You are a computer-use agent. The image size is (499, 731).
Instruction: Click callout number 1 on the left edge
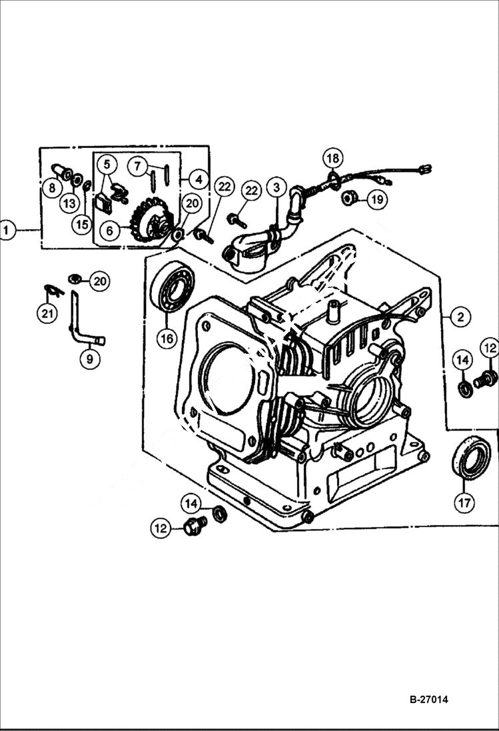[7, 231]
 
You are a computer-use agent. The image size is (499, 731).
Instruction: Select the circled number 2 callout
[460, 317]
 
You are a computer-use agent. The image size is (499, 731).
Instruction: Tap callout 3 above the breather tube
[276, 187]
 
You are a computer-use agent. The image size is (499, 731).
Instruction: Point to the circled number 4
[197, 179]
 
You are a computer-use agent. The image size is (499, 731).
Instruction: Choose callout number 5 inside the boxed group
[107, 164]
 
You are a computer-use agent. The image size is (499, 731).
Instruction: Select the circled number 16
[167, 339]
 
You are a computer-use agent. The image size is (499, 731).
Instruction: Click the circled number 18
[334, 159]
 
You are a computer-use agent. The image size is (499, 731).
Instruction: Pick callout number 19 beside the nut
[376, 198]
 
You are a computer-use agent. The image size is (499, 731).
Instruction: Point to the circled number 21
[47, 313]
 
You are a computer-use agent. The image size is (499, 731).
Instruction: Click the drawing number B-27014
[428, 700]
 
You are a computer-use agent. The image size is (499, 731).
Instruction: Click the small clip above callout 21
[52, 289]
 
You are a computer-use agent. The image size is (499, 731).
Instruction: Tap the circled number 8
[52, 189]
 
